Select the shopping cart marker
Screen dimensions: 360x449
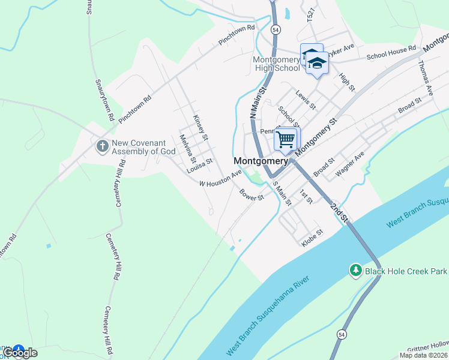286,140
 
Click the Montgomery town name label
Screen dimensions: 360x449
261,161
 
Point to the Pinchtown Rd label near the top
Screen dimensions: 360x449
237,36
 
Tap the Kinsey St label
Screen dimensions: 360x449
200,128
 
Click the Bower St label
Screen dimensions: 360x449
252,195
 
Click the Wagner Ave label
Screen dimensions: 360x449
350,164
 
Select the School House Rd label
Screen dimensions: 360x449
391,53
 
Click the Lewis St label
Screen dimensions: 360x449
306,99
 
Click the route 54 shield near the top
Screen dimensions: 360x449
276,29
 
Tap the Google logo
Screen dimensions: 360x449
20,353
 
